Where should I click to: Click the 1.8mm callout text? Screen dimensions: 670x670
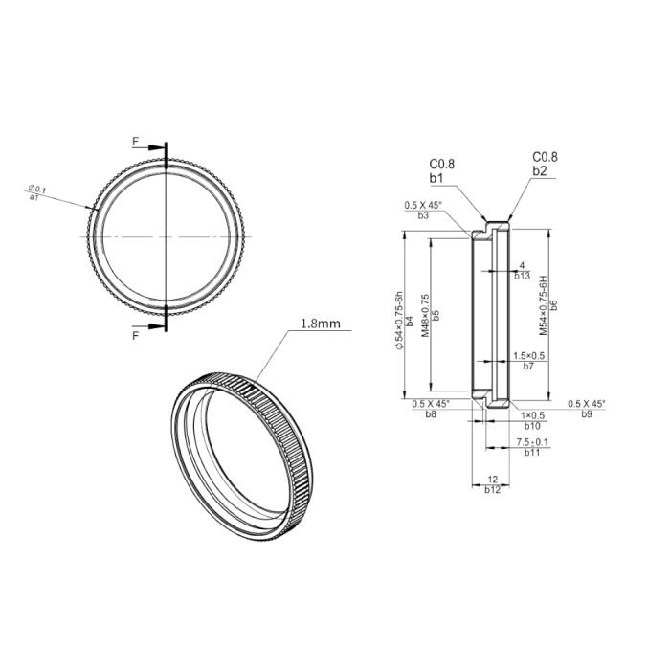pos(321,324)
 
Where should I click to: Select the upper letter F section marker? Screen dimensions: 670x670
pos(136,142)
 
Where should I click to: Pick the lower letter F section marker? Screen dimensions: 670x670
pos(136,336)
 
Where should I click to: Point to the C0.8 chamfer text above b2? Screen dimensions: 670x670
pos(545,158)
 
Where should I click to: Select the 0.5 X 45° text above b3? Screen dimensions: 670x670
pos(423,206)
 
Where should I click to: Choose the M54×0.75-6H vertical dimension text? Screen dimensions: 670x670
pos(543,301)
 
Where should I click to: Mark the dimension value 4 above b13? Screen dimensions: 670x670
pos(522,265)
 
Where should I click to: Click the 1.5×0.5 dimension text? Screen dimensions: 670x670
pos(528,355)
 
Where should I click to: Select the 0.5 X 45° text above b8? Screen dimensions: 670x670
pos(432,404)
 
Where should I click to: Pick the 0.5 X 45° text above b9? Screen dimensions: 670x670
pos(587,404)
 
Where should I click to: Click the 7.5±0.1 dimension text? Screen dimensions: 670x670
pos(533,441)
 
